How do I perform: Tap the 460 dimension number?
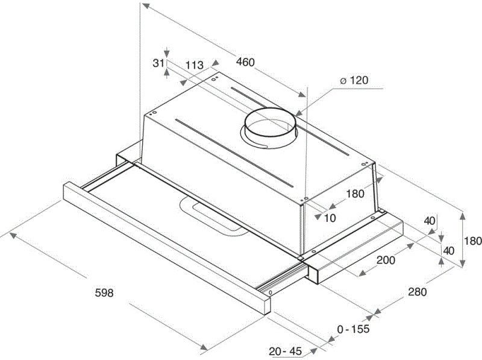tap(245, 62)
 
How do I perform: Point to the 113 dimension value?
tap(194, 65)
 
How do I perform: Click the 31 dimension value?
tap(158, 62)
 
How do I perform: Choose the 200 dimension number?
tap(386, 261)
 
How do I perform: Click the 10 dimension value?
tap(330, 218)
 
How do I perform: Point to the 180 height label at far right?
tap(473, 241)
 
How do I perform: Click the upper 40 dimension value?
tap(429, 221)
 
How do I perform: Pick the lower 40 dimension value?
tap(449, 250)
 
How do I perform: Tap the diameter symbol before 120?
tap(342, 81)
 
